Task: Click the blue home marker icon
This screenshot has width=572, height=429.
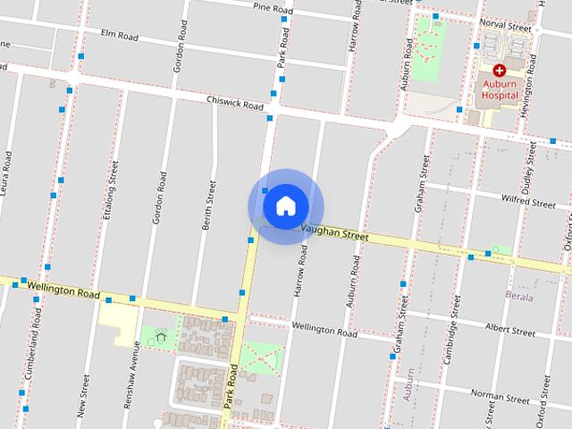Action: [x=285, y=206]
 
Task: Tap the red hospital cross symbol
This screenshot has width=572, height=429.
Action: [x=499, y=70]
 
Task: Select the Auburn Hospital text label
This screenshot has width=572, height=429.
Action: [x=499, y=88]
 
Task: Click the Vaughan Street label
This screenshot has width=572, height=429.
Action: [x=335, y=232]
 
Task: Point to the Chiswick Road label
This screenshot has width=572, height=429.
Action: [x=234, y=104]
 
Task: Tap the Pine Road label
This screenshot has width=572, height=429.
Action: [x=273, y=9]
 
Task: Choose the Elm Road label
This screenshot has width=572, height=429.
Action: [x=120, y=36]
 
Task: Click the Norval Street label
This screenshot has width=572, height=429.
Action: [x=505, y=27]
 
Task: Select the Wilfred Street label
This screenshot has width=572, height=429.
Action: [x=528, y=202]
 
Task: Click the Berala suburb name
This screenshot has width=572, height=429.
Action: [x=518, y=297]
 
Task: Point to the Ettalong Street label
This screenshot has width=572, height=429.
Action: [x=112, y=189]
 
